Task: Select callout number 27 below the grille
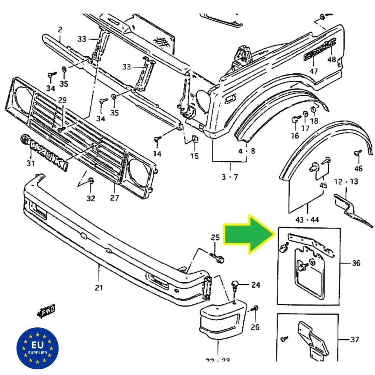[114, 198]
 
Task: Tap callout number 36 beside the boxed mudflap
[356, 263]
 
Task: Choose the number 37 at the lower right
[354, 340]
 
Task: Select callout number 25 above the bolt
[215, 237]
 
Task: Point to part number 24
[255, 285]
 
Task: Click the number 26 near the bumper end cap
[255, 327]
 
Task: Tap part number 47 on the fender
[313, 71]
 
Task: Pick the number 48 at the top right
[331, 59]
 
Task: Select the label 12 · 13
[346, 181]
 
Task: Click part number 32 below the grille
[91, 198]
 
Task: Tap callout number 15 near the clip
[194, 155]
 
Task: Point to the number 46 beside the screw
[358, 168]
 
